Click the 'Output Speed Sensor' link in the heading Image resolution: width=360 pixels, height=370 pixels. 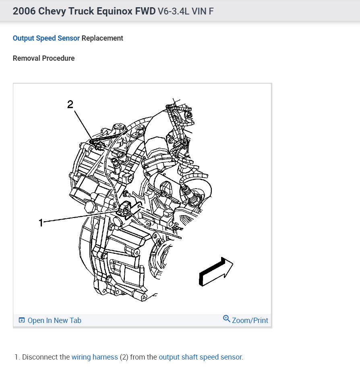[46, 38]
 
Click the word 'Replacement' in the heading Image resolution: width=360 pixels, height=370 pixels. [102, 38]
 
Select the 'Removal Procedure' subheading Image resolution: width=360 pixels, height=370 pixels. [43, 58]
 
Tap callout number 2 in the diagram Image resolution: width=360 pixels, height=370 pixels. [70, 105]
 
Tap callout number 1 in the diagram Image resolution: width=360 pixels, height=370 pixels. [41, 222]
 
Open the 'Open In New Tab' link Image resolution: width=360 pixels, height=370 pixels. [54, 321]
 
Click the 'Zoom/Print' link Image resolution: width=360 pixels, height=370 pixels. [250, 321]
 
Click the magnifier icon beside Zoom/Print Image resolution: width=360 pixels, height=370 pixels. [227, 319]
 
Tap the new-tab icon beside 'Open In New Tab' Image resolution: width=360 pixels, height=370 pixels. [22, 321]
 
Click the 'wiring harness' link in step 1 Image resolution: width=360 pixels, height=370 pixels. [95, 357]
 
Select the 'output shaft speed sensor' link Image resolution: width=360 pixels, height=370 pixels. [201, 357]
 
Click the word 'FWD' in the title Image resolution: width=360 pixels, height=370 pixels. [144, 11]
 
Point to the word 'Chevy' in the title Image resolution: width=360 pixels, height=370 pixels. [50, 11]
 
